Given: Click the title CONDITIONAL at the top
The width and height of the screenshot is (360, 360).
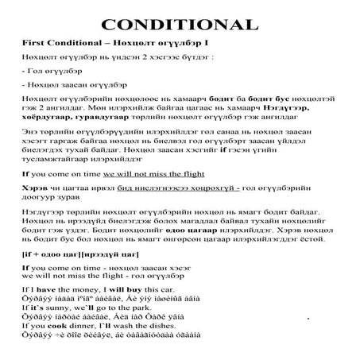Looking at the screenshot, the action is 180,24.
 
